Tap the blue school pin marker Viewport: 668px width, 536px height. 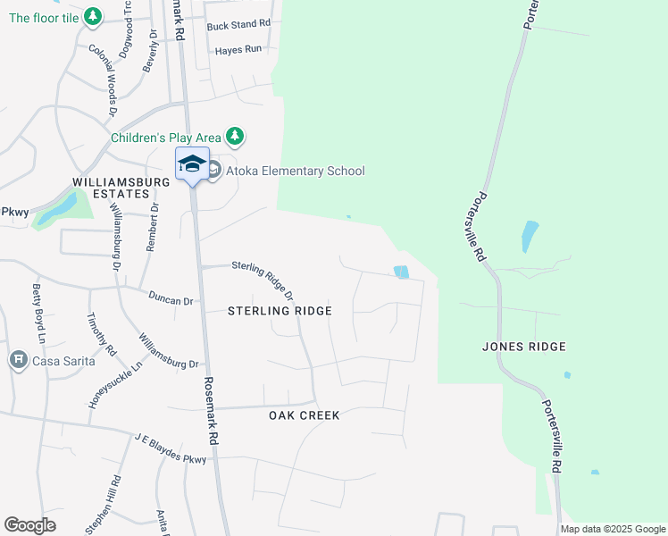(192, 164)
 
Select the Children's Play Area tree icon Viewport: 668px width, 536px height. (235, 137)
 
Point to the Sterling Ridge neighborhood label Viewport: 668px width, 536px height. (280, 311)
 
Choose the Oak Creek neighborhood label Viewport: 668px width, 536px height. (305, 415)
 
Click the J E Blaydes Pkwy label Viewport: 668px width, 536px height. (171, 448)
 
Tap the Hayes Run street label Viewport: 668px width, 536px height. (238, 50)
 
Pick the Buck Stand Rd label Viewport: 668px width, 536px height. (238, 25)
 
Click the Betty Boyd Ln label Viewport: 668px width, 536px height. (38, 313)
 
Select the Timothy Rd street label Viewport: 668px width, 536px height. (102, 334)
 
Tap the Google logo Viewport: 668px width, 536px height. (29, 525)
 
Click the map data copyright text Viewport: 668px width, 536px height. (613, 530)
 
